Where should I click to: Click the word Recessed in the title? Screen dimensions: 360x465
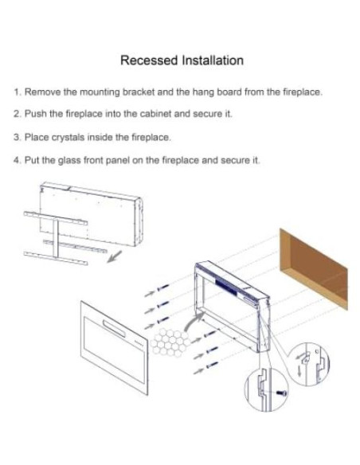coord(149,61)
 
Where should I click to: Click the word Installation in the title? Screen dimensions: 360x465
coord(213,61)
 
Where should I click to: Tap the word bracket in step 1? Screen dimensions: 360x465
coord(139,92)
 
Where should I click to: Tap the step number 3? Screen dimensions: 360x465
coord(17,137)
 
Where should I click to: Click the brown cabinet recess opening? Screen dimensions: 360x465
coord(314,269)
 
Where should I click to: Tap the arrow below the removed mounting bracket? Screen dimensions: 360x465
coord(114,256)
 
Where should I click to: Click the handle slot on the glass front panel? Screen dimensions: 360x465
coord(114,329)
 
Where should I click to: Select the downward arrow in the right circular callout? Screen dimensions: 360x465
coord(299,371)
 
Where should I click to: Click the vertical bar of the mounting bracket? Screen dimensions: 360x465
coord(56,238)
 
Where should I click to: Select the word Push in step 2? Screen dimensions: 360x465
coord(36,114)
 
